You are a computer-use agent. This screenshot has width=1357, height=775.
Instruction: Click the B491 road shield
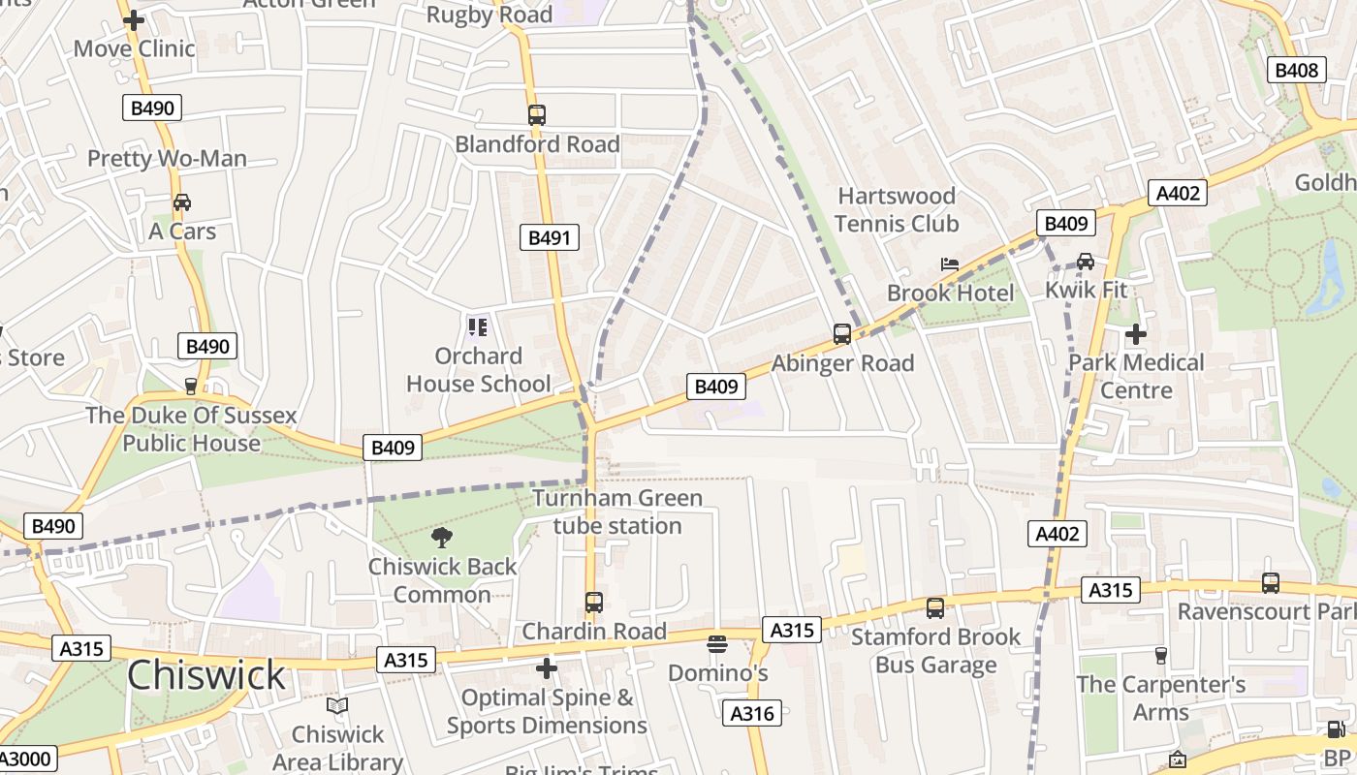pos(550,237)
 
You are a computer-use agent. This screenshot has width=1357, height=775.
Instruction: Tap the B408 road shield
pos(1296,70)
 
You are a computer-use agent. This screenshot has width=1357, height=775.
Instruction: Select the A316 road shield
pos(751,713)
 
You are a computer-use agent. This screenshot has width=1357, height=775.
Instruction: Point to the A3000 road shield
pos(27,758)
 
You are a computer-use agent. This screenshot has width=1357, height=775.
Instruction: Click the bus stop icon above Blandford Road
pos(537,115)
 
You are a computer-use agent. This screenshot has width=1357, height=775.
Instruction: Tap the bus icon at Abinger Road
pos(842,334)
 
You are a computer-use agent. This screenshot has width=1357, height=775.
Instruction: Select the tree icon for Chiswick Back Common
pos(442,538)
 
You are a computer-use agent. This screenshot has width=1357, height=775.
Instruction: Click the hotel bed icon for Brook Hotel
pos(950,264)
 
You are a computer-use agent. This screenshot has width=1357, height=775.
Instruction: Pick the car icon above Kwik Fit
pos(1085,262)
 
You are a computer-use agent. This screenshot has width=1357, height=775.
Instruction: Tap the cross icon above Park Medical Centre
pos(1135,334)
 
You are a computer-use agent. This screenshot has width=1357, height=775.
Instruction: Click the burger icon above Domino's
pos(717,644)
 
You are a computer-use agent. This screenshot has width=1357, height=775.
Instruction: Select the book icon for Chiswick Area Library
pos(337,706)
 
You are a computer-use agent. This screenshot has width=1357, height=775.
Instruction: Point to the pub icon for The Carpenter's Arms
pos(1161,656)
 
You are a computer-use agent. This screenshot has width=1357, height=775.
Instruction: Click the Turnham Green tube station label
pos(617,512)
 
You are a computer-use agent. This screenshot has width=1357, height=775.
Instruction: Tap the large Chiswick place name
pos(206,675)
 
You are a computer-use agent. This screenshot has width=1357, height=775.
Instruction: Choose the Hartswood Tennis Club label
pos(897,210)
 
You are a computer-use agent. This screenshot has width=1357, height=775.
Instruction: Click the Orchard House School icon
pos(477,327)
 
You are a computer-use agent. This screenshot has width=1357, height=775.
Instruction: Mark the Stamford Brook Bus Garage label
pos(935,650)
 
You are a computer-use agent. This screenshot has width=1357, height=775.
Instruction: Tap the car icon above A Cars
pos(181,202)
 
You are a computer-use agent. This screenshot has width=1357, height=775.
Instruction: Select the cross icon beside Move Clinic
pos(134,20)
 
